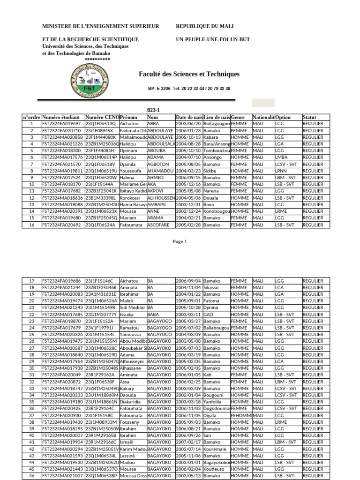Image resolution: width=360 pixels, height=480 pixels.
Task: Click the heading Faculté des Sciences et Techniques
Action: (x=189, y=74)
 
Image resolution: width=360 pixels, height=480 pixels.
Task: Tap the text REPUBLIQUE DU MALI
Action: (x=204, y=26)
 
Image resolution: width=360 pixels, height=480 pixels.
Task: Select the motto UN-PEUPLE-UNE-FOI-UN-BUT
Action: (x=213, y=39)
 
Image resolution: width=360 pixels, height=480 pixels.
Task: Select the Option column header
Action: (x=283, y=117)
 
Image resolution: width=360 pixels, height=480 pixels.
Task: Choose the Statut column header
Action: (x=309, y=117)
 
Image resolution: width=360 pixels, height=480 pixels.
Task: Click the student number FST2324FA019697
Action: (x=62, y=123)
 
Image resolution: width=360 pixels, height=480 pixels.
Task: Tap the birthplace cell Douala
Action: (x=210, y=198)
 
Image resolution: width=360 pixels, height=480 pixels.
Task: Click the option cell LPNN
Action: (x=281, y=171)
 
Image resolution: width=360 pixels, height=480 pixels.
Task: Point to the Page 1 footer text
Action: (x=180, y=242)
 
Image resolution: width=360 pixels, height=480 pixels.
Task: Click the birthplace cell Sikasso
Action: (x=211, y=287)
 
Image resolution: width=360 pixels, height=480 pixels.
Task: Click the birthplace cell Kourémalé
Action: (x=215, y=449)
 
